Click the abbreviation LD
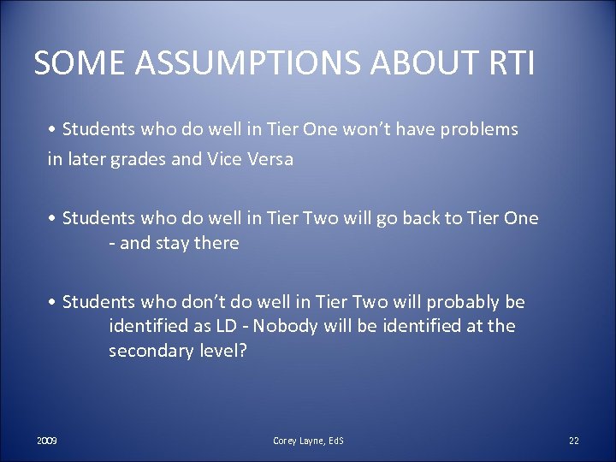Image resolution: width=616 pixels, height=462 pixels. [219, 327]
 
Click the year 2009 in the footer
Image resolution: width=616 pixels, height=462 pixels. [47, 441]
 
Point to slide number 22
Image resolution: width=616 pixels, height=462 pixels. [573, 441]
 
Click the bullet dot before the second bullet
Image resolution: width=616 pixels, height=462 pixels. [52, 218]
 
